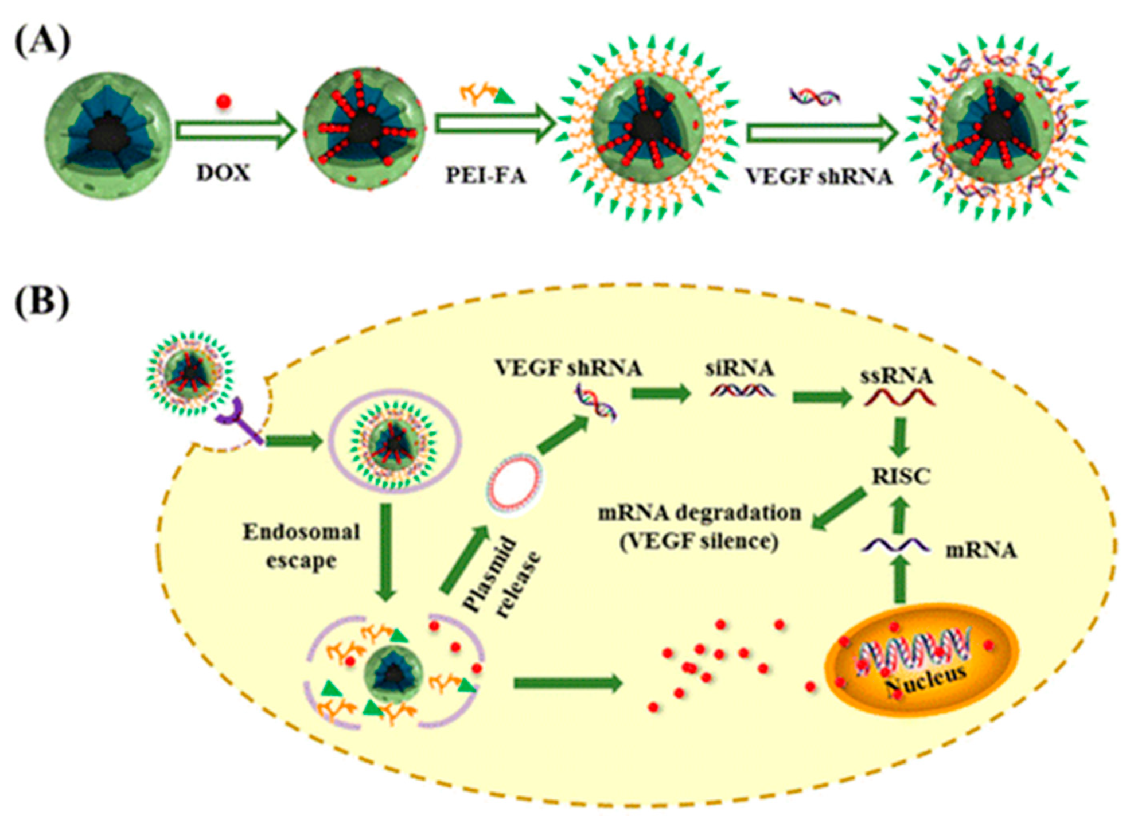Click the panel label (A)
pos(42,42)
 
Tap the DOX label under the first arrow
pos(223,173)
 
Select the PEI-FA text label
pos(486,175)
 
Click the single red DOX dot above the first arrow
pos(223,102)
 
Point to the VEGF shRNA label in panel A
pos(819,176)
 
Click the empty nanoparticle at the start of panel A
pos(108,135)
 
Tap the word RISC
pos(901,476)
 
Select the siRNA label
pos(739,368)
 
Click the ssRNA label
pos(897,376)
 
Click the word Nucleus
pos(925,680)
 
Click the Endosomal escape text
pos(301,546)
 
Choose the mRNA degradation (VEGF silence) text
pos(699,526)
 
